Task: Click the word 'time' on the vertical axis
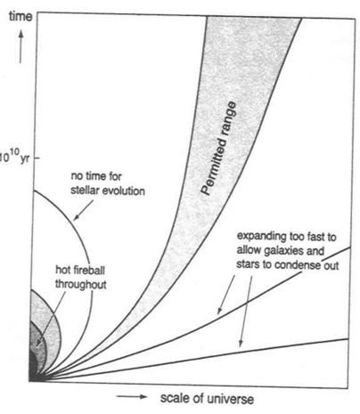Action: coord(20,16)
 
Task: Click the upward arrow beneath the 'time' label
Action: coord(20,47)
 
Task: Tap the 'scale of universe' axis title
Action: coord(207,398)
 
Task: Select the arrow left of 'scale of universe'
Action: coord(132,396)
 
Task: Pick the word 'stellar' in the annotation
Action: coord(84,191)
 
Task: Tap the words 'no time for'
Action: coord(96,176)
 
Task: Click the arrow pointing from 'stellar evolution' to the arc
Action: coord(83,210)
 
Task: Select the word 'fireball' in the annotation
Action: coord(88,270)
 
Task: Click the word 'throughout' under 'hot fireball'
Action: coord(81,284)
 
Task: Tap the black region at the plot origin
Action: coord(33,368)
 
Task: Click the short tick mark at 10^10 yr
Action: coord(37,158)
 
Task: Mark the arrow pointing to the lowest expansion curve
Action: coord(246,311)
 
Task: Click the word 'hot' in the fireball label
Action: coord(62,270)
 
